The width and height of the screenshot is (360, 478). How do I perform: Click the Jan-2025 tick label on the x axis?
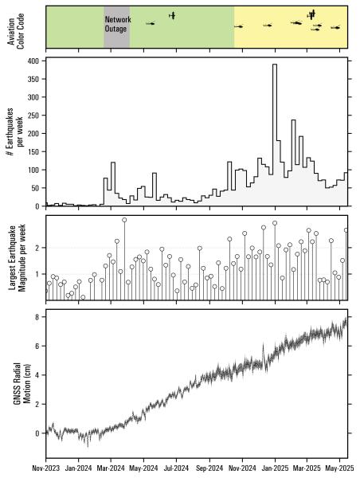[x=276, y=469]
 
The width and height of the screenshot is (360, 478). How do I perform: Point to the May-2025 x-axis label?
[x=340, y=469]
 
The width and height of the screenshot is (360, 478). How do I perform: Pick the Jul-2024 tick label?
[x=176, y=469]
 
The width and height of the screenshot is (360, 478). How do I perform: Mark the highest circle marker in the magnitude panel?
[x=124, y=220]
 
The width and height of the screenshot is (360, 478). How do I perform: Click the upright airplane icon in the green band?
[x=172, y=15]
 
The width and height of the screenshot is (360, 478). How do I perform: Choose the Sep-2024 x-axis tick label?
[x=209, y=469]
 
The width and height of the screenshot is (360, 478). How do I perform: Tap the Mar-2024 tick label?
[x=111, y=469]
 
